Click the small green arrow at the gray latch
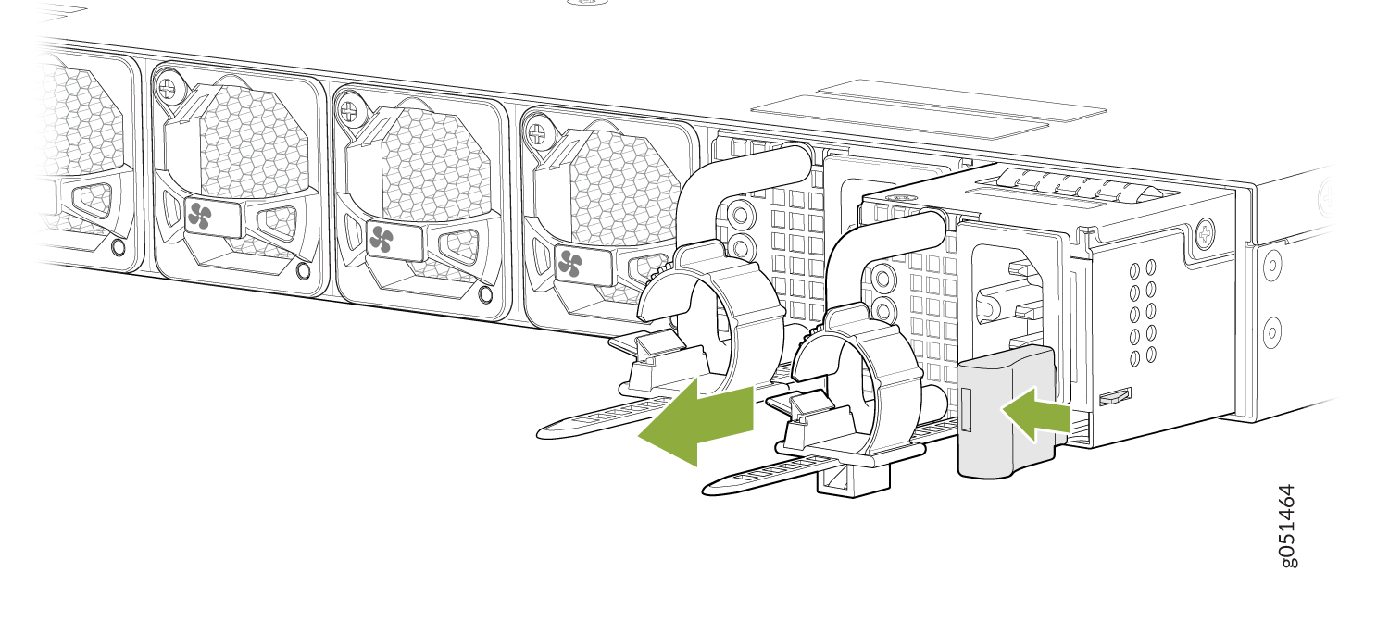(1035, 415)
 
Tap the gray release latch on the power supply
(1006, 412)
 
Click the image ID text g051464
(1288, 526)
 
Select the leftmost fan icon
(199, 217)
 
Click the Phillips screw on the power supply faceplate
(1205, 233)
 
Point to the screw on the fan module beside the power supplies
(537, 131)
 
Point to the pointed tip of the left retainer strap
(539, 434)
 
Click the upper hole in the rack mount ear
(1271, 267)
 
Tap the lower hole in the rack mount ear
(1271, 332)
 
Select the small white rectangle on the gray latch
(966, 409)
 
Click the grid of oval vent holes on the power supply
(1143, 312)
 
